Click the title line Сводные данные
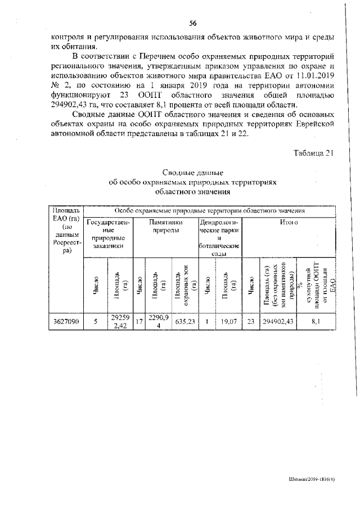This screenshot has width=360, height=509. pyautogui.click(x=193, y=172)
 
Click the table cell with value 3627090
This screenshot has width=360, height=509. pyautogui.click(x=66, y=322)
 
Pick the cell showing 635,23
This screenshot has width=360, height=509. pyautogui.click(x=185, y=322)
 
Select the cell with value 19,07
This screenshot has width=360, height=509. pyautogui.click(x=227, y=322)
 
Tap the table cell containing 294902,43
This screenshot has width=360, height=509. pyautogui.click(x=280, y=322)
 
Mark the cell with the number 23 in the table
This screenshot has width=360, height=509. pyautogui.click(x=250, y=322)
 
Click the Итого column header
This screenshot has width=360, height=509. pyautogui.click(x=289, y=223)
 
